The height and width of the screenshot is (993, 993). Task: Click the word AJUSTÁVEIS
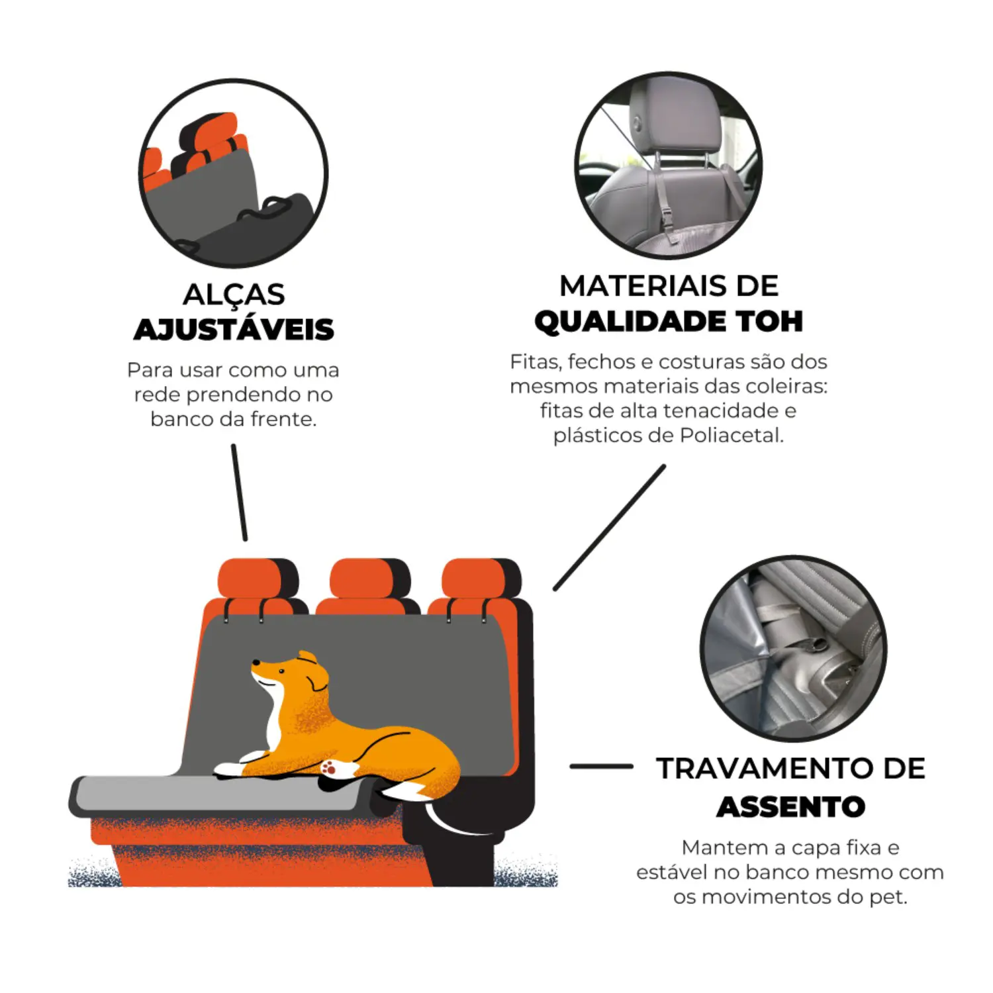click(234, 330)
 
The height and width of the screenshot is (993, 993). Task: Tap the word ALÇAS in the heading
click(234, 295)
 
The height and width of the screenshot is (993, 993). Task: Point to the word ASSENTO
click(791, 806)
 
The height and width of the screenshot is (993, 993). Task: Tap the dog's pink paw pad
click(329, 767)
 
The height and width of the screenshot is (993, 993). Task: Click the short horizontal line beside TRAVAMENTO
click(601, 767)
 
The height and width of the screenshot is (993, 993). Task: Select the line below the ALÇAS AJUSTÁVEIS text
click(240, 493)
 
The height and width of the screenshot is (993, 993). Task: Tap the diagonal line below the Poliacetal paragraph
click(610, 527)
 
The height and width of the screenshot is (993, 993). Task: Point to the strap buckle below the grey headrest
click(667, 217)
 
